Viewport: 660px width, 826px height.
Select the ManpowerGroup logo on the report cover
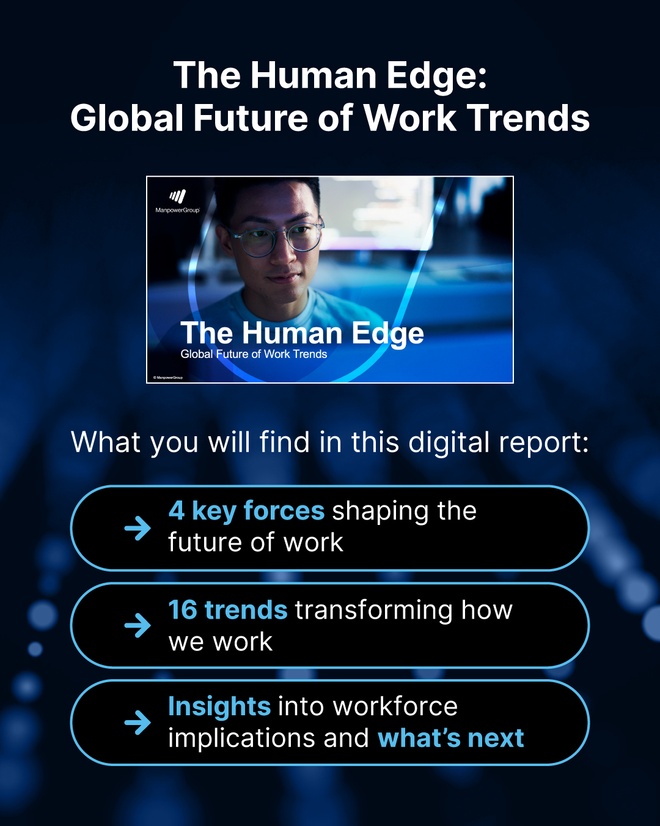[177, 201]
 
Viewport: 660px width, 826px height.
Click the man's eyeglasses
[278, 240]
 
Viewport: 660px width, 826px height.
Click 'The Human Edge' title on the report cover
[302, 333]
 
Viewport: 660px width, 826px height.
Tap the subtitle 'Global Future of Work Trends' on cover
[254, 354]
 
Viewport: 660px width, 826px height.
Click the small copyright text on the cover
[168, 378]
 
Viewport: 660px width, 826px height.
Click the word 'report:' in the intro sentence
[543, 442]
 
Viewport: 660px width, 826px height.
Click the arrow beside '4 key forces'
[137, 528]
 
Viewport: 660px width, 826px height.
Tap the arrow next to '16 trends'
[137, 625]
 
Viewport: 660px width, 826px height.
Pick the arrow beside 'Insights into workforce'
[137, 723]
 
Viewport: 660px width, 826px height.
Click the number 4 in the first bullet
[177, 511]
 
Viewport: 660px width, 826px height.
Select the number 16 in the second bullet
[183, 610]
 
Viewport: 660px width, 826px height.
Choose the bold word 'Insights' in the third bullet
[219, 707]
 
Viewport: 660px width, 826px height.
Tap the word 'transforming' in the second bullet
[373, 611]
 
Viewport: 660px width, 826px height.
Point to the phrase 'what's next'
[451, 739]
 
